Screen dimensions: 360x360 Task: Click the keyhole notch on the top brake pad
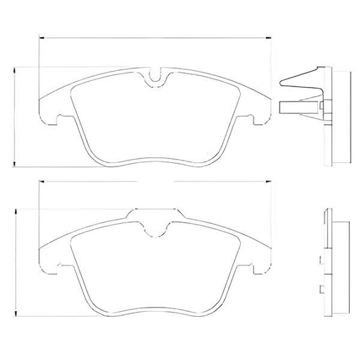(x=155, y=77)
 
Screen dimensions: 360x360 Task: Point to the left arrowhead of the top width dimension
(x=40, y=37)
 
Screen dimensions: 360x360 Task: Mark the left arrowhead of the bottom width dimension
(x=40, y=181)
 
